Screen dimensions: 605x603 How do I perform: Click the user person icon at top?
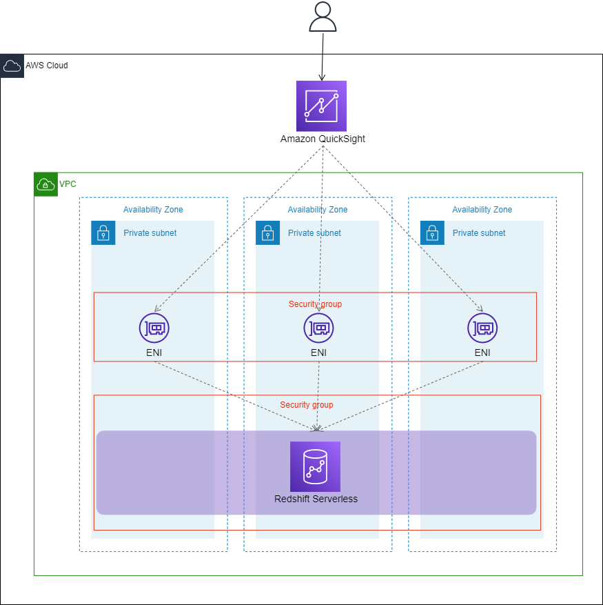pos(323,17)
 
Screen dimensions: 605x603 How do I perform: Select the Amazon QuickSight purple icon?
pos(321,106)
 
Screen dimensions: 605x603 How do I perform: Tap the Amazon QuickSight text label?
pos(323,139)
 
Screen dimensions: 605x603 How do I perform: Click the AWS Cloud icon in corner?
pos(12,66)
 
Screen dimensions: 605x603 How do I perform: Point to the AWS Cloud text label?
pos(47,66)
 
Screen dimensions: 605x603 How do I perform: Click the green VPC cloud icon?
pos(45,184)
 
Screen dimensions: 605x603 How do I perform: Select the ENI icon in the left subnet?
pos(154,328)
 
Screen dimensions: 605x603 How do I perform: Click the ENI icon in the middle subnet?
pos(318,328)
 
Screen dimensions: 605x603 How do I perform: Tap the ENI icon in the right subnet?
pos(482,328)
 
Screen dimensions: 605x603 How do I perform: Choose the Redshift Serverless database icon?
pos(315,466)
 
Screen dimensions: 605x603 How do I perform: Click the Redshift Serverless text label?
pos(316,499)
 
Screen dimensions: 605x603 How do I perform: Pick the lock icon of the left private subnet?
pos(103,233)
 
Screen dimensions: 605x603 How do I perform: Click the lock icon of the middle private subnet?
pos(267,233)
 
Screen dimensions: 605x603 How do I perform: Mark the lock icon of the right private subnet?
pos(432,233)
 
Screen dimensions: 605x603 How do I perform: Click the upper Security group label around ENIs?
pos(315,304)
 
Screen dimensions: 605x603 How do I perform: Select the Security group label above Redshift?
pos(306,405)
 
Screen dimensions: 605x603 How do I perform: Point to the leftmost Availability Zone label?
pos(153,210)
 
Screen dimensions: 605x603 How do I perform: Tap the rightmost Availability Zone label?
pos(482,210)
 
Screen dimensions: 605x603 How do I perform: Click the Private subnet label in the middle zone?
pos(314,233)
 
